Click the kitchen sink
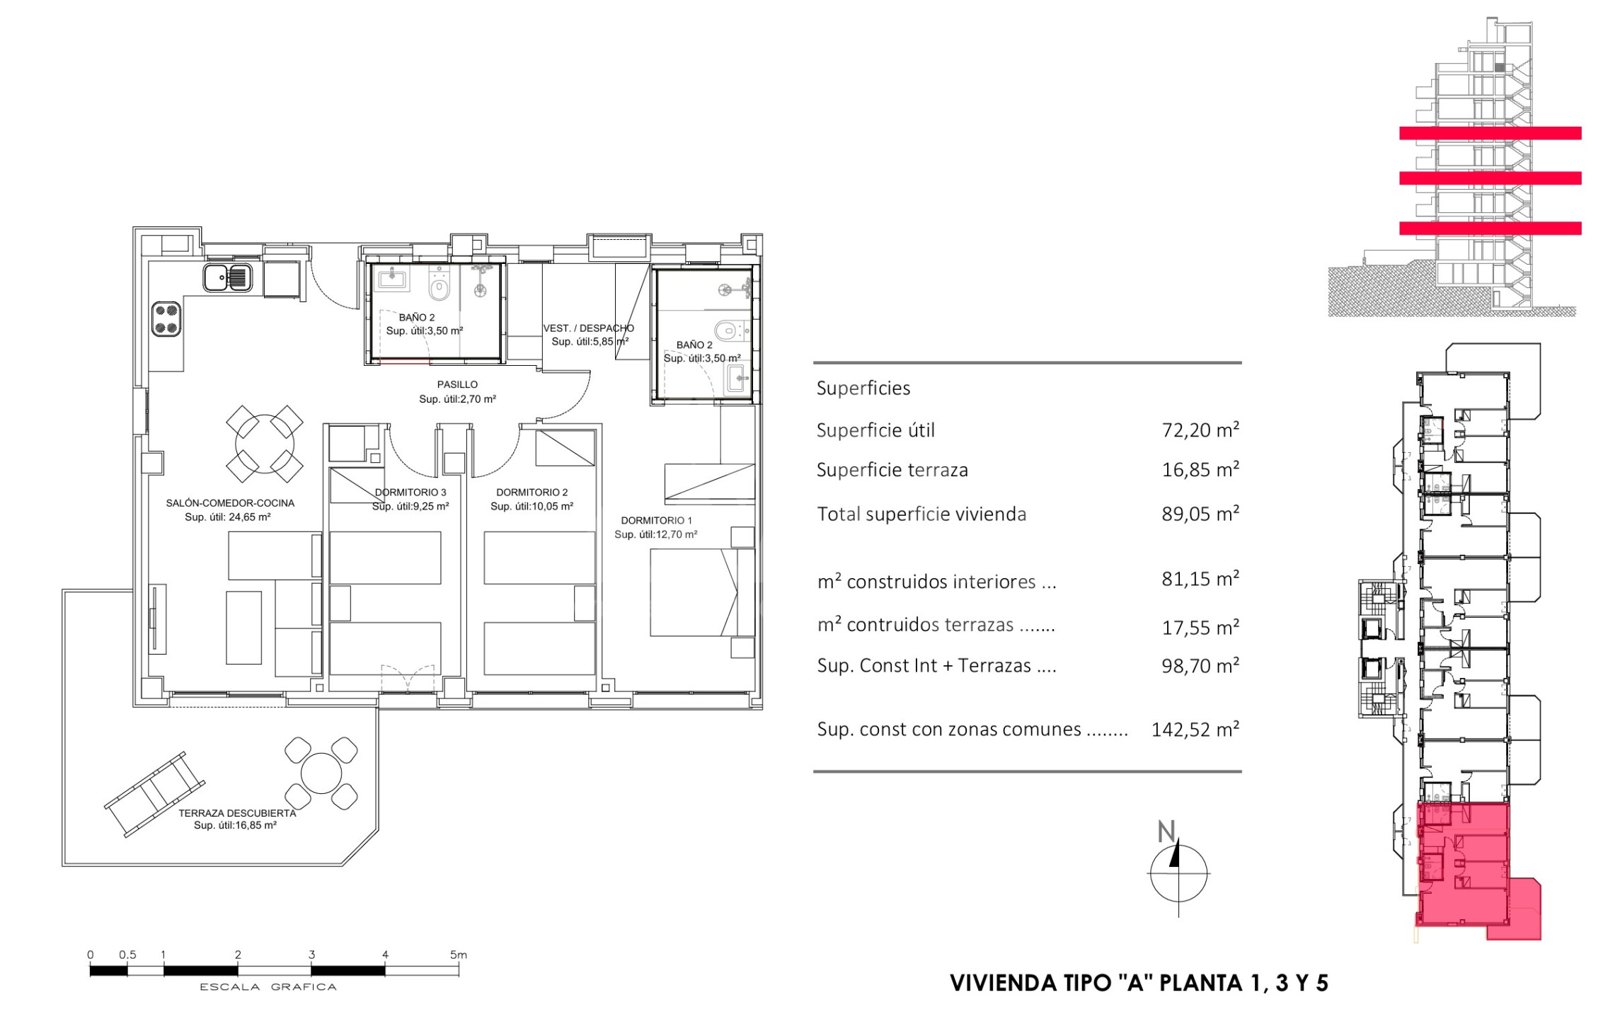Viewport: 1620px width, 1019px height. coord(228,277)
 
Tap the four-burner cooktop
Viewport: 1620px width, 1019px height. coord(166,319)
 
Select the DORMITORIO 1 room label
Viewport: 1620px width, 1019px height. coord(657,521)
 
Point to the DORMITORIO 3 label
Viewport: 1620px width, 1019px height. coord(410,493)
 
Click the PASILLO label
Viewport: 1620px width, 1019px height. coord(457,385)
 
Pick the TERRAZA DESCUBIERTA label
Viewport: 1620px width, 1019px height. coord(237,813)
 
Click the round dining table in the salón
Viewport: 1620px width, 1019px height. coord(265,444)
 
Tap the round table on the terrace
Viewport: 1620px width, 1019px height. coord(321,773)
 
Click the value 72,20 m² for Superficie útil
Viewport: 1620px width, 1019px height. coord(1200,430)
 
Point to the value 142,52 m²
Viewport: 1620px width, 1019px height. coord(1195,729)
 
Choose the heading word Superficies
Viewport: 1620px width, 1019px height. coord(863,388)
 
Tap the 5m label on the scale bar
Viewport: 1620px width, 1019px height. coord(459,955)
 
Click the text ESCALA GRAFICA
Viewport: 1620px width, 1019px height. coord(268,986)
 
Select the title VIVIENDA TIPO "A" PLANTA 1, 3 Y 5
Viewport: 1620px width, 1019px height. coord(1139,983)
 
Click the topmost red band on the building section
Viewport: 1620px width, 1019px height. coord(1490,133)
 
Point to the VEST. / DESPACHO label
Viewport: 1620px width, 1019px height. coord(588,328)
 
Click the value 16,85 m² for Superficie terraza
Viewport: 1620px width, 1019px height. coord(1200,469)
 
